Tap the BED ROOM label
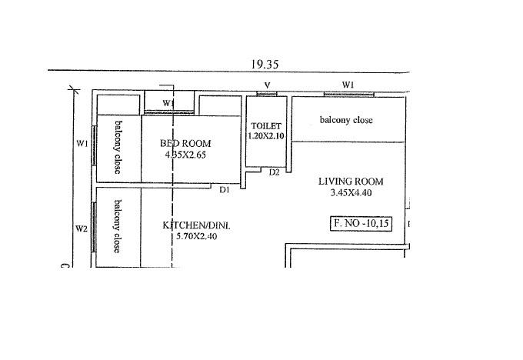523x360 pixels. (185, 143)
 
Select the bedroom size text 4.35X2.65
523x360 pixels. (185, 155)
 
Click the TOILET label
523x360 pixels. (267, 125)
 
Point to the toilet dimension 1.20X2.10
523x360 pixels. (267, 135)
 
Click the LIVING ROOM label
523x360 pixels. (351, 182)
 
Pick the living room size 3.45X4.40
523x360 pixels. (351, 193)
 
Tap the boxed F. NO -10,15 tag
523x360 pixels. (361, 224)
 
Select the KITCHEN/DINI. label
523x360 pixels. (195, 225)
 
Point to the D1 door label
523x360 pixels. (225, 189)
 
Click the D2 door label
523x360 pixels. (274, 172)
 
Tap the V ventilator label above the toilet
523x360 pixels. (267, 85)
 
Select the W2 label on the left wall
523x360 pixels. (81, 228)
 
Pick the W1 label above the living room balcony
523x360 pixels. (348, 85)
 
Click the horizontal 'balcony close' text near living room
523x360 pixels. (346, 120)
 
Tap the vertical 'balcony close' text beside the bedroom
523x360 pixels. (118, 147)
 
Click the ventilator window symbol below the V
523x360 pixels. (267, 94)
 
